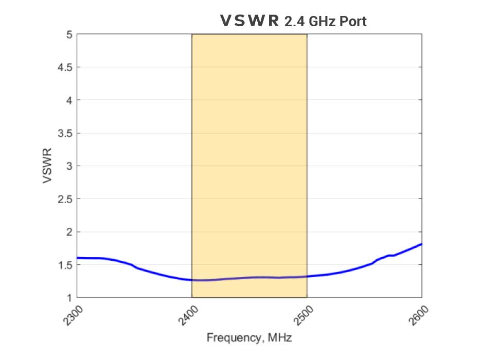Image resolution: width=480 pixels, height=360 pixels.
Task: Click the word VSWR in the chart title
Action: pyautogui.click(x=249, y=21)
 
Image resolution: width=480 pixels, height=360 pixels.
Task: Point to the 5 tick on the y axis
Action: pyautogui.click(x=69, y=34)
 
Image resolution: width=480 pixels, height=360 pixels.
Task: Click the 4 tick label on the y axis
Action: pyautogui.click(x=69, y=100)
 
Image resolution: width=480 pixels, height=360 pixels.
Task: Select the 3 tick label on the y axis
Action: pyautogui.click(x=69, y=166)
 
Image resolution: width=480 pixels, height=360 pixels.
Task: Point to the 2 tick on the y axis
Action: pyautogui.click(x=69, y=232)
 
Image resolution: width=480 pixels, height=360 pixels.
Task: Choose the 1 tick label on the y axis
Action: pyautogui.click(x=69, y=298)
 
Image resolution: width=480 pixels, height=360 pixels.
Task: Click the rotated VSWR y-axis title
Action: pyautogui.click(x=47, y=166)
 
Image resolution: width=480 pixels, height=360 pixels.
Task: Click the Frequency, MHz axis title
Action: pyautogui.click(x=249, y=338)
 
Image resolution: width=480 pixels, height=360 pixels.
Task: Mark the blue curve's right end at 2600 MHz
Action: pyautogui.click(x=421, y=244)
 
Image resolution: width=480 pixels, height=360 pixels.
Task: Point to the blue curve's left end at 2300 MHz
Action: pyautogui.click(x=77, y=258)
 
